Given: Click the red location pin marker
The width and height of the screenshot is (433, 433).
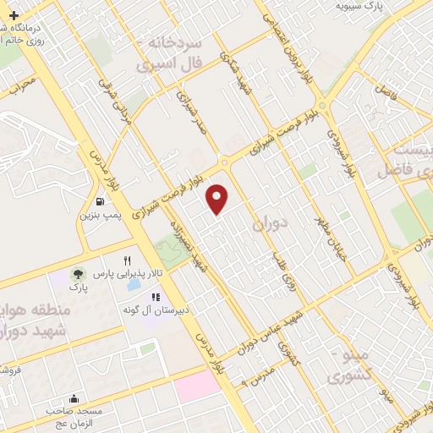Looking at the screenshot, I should click(218, 197).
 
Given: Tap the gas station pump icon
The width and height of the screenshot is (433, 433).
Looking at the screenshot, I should click(101, 202).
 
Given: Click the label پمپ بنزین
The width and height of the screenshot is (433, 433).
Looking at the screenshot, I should click(101, 216).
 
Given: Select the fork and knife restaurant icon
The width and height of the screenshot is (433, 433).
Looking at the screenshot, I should click(127, 260).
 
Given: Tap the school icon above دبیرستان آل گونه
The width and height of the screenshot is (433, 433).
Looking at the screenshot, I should click(156, 298).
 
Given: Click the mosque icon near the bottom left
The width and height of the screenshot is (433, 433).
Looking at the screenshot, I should click(74, 398).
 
